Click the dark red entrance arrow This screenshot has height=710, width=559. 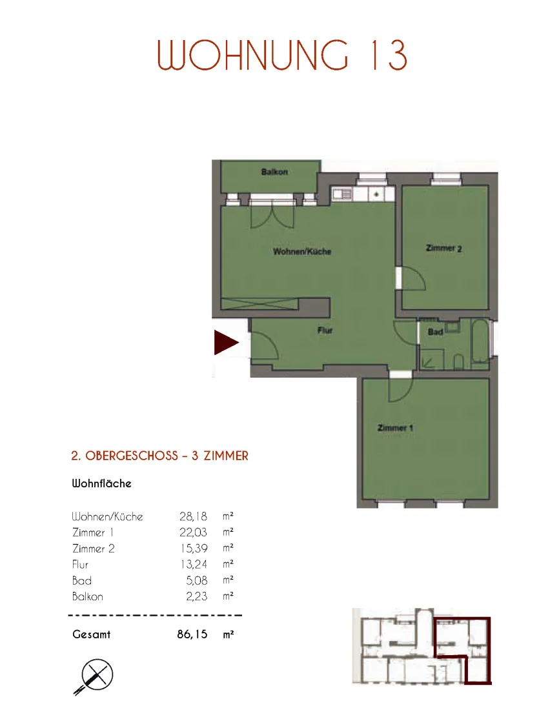225,342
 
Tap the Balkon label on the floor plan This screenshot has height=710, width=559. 274,172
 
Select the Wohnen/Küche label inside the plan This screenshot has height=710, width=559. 302,251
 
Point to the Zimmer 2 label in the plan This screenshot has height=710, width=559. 444,248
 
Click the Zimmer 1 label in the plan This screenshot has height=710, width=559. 395,428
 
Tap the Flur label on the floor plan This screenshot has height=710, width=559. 325,330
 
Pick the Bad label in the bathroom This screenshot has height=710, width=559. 435,332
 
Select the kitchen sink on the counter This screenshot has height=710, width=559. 342,195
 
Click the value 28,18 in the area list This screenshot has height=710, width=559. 194,516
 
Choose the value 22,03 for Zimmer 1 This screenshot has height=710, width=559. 194,532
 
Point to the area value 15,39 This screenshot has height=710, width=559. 194,549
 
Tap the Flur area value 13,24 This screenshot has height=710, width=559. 194,564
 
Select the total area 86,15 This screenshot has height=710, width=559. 192,634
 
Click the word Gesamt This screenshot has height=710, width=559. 92,634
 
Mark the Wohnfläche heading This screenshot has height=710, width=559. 102,483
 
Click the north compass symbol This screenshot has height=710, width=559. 94,676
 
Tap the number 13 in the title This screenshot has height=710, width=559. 389,56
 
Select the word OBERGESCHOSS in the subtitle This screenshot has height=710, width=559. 132,456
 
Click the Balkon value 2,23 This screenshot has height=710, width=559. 197,596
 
